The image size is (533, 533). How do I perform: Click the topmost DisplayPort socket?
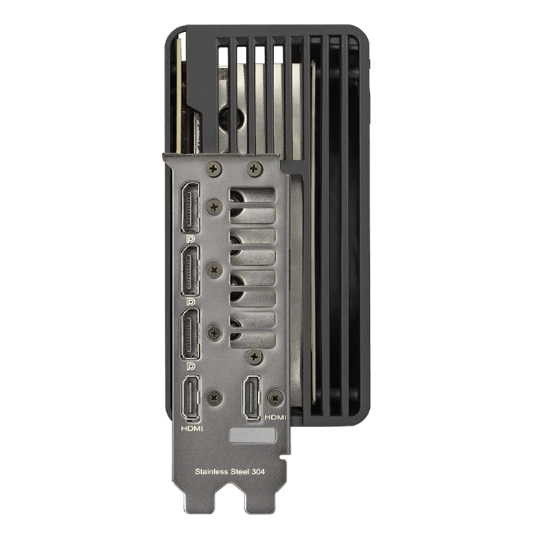(x=190, y=207)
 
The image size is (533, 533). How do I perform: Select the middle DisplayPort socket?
(x=190, y=270)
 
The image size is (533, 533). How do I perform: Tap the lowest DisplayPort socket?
(x=190, y=334)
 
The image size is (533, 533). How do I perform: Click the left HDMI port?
(x=191, y=398)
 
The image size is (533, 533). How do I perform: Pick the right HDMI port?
(x=251, y=398)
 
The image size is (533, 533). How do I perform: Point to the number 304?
(x=258, y=471)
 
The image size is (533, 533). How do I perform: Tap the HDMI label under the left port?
(x=192, y=429)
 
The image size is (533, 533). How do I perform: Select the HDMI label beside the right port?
(x=276, y=417)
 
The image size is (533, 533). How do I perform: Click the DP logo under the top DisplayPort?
(x=190, y=239)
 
